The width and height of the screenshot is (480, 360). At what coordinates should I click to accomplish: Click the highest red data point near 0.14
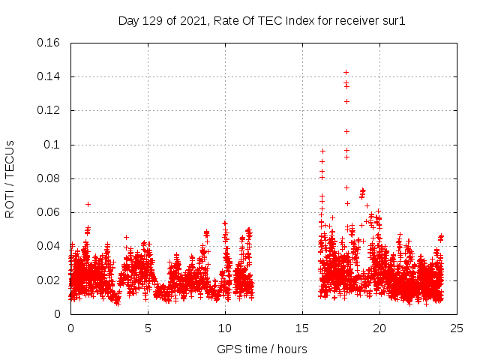(x=346, y=72)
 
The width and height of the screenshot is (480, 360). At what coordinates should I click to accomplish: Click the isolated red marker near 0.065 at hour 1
(x=88, y=204)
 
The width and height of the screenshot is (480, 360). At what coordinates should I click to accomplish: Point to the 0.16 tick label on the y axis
(x=49, y=43)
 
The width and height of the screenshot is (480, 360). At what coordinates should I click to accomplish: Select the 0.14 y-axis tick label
(x=49, y=76)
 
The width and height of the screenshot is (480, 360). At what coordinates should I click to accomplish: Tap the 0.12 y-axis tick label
(x=49, y=110)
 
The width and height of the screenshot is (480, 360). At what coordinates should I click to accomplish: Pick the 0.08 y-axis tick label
(x=49, y=178)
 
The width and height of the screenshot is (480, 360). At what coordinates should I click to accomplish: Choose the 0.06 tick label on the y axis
(x=49, y=212)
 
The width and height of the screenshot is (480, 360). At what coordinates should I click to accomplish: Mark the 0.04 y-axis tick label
(x=49, y=246)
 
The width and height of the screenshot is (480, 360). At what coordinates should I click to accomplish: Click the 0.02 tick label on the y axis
(x=49, y=280)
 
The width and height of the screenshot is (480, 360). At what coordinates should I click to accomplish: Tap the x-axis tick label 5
(x=148, y=328)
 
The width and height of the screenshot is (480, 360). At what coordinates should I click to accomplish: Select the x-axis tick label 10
(x=225, y=328)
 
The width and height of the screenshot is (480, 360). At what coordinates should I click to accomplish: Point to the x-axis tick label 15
(x=302, y=328)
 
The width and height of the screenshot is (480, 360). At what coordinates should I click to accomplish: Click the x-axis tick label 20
(x=379, y=328)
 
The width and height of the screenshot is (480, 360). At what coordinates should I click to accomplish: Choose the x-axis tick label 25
(x=457, y=328)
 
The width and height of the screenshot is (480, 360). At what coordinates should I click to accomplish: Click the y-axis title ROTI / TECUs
(x=10, y=178)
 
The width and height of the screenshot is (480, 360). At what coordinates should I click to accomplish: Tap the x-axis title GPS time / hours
(x=262, y=349)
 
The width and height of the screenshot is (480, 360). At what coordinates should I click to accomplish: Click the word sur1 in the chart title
(x=394, y=20)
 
